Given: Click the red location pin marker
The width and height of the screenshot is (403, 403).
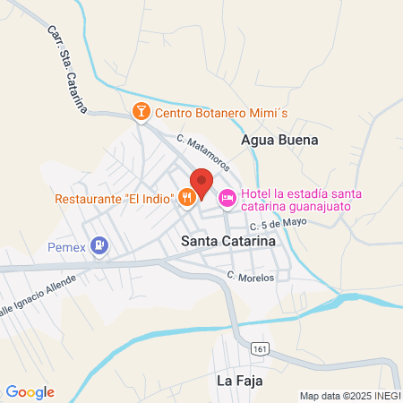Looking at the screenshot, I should point(201,183).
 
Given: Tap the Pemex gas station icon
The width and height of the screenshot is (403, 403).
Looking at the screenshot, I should point(99,244).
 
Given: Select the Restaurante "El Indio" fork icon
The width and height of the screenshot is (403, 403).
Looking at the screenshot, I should point(186,198).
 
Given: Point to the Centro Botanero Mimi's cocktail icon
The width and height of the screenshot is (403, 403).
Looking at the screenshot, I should point(141,113).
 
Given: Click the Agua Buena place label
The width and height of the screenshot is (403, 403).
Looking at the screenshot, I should point(280,140).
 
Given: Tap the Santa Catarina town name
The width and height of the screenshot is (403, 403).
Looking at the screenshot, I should point(227,241).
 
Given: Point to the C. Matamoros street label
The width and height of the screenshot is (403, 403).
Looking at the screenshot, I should point(203,152).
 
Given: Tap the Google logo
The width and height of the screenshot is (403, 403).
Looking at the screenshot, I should point(30,391).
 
